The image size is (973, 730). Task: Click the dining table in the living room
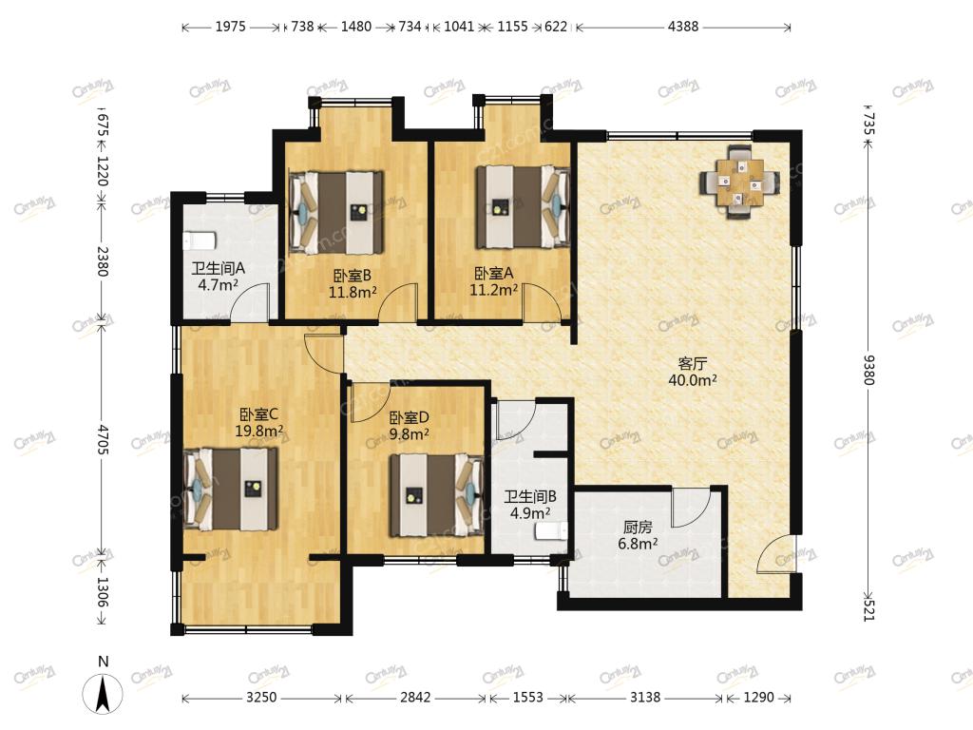click(739, 182)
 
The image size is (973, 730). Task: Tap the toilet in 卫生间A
click(200, 240)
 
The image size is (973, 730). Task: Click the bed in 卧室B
click(335, 212)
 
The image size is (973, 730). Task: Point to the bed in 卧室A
click(523, 206)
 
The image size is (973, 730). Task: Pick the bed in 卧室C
click(230, 490)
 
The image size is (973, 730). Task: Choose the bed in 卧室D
click(436, 495)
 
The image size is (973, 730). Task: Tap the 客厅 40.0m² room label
click(693, 372)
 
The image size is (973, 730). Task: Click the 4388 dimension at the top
click(683, 27)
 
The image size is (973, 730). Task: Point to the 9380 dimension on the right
click(868, 370)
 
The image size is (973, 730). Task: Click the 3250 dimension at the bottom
click(261, 697)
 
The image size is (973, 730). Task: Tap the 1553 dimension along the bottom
click(528, 697)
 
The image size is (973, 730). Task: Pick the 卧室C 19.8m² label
click(259, 422)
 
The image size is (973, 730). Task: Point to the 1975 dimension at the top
click(230, 27)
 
